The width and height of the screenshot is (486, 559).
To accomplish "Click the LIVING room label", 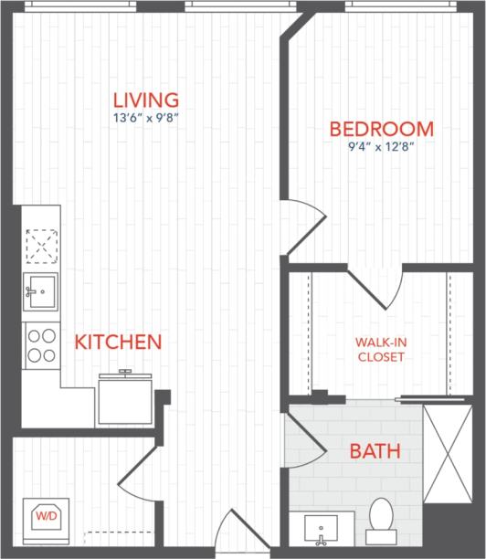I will [x=145, y=99].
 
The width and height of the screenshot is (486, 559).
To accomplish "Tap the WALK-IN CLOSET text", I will [x=379, y=350].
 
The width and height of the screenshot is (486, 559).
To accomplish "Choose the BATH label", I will [x=375, y=450].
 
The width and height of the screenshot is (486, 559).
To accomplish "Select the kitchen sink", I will [x=40, y=291].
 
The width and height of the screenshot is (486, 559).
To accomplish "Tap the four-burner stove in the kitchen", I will [x=41, y=343].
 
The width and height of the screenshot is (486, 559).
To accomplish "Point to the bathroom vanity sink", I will [x=321, y=528].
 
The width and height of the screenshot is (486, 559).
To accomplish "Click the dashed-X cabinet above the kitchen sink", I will [x=40, y=245].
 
